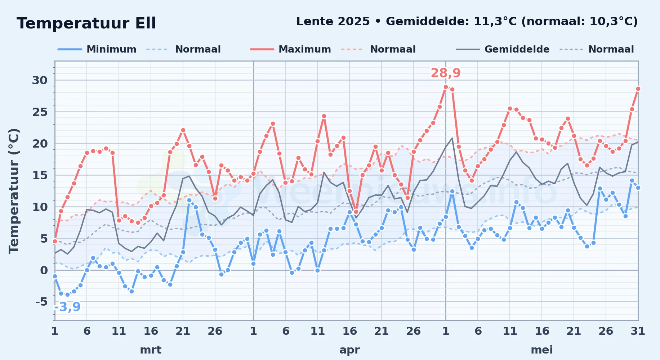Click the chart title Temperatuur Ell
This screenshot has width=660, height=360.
86,23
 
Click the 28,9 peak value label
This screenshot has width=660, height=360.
446,73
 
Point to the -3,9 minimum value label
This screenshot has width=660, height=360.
67,307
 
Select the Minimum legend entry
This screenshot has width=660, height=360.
97,49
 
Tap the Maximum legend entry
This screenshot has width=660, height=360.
291,49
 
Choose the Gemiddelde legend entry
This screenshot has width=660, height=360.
503,49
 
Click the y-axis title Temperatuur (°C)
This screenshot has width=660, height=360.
14,191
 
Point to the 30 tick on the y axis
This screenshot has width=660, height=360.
40,80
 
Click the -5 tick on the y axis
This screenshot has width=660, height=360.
42,301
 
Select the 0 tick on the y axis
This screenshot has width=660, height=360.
44,270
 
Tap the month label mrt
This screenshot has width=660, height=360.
151,350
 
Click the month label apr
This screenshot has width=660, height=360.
349,350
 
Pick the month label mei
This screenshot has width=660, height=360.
542,350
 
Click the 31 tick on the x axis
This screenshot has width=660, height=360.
638,331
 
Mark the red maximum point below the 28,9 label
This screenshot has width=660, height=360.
446,87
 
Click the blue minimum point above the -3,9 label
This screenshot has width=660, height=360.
67,294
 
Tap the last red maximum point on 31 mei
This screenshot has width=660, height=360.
638,89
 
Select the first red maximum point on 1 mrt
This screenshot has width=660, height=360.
55,241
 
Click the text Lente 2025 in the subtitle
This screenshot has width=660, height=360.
333,22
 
